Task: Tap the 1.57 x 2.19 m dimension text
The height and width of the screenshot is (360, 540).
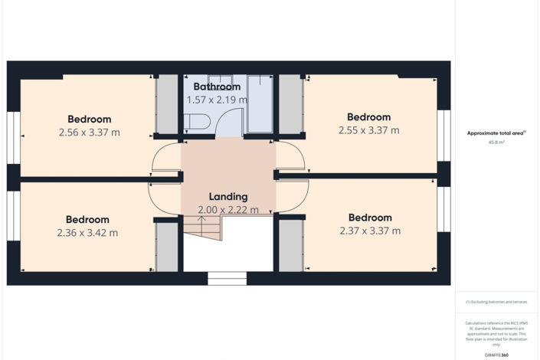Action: pyautogui.click(x=217, y=100)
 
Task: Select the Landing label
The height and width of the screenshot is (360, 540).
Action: pyautogui.click(x=228, y=197)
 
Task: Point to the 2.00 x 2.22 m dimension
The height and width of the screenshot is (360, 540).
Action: pyautogui.click(x=228, y=210)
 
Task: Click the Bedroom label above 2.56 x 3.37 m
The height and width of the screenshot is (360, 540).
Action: pyautogui.click(x=89, y=119)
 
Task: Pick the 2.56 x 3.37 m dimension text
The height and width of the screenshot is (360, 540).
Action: pyautogui.click(x=89, y=133)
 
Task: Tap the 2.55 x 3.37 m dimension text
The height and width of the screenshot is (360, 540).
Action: pyautogui.click(x=368, y=130)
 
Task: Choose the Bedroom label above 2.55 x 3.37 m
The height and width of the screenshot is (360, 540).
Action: pyautogui.click(x=368, y=117)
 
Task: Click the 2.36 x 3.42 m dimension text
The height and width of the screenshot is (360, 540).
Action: pyautogui.click(x=87, y=233)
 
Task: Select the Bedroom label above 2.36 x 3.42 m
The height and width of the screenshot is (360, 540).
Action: pyautogui.click(x=87, y=220)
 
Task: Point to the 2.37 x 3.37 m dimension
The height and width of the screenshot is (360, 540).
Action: pyautogui.click(x=370, y=231)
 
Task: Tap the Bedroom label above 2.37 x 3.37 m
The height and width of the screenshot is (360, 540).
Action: pyautogui.click(x=370, y=218)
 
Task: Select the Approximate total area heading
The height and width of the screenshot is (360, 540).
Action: pyautogui.click(x=496, y=133)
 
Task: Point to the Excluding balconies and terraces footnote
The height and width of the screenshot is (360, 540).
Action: pyautogui.click(x=497, y=302)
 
